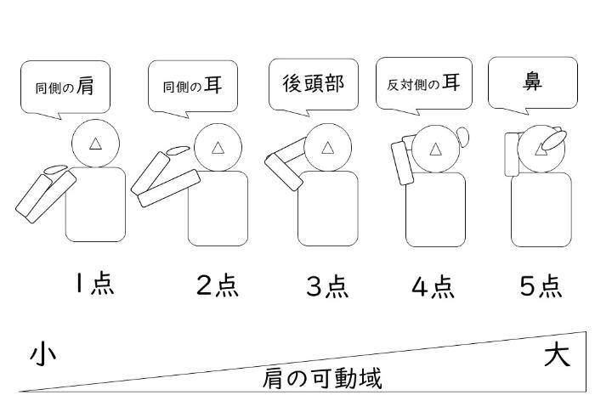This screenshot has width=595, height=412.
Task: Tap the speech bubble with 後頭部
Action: (x=314, y=83)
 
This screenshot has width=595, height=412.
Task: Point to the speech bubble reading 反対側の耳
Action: (x=423, y=83)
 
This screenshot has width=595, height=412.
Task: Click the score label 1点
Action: (x=94, y=285)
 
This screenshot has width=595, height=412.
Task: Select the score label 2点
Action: (x=218, y=286)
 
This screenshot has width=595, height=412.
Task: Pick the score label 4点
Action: (x=433, y=287)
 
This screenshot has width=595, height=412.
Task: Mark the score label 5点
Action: (x=541, y=286)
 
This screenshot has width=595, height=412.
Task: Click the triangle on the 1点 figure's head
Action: (x=96, y=145)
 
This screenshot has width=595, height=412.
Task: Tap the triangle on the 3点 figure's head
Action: (x=328, y=147)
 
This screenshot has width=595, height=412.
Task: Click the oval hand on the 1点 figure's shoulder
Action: (x=57, y=170)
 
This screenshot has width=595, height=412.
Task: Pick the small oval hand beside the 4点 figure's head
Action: (x=462, y=135)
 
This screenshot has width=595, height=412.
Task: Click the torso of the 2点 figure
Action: (x=218, y=208)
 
